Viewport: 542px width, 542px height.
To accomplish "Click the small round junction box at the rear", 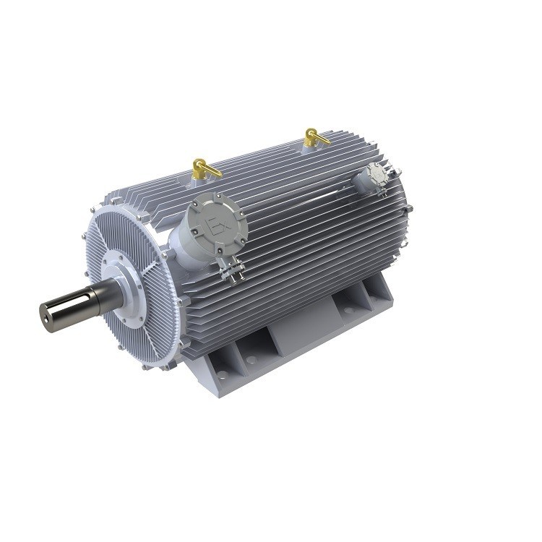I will [375, 176].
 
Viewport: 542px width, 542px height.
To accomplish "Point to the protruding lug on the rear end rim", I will [410, 210].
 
